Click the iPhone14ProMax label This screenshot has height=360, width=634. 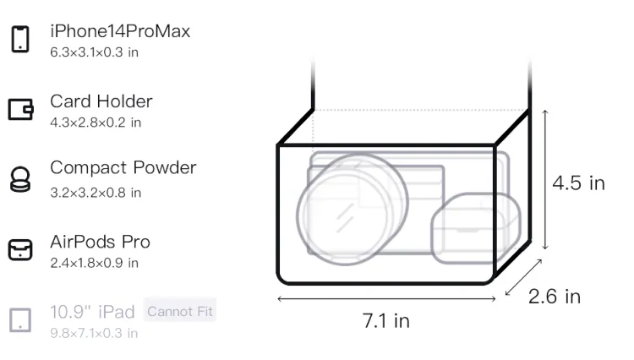(x=120, y=31)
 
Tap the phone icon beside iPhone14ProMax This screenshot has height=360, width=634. (x=20, y=39)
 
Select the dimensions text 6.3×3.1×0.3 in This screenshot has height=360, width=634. (x=94, y=52)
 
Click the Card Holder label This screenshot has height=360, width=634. (x=101, y=101)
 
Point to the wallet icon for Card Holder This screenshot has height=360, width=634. (x=20, y=110)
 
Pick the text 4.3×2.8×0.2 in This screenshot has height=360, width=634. (x=96, y=123)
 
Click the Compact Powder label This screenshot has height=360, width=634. (x=123, y=167)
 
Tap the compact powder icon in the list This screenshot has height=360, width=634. (x=20, y=179)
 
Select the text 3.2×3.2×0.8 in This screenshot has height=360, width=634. (x=96, y=193)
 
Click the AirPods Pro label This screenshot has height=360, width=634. (x=100, y=242)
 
